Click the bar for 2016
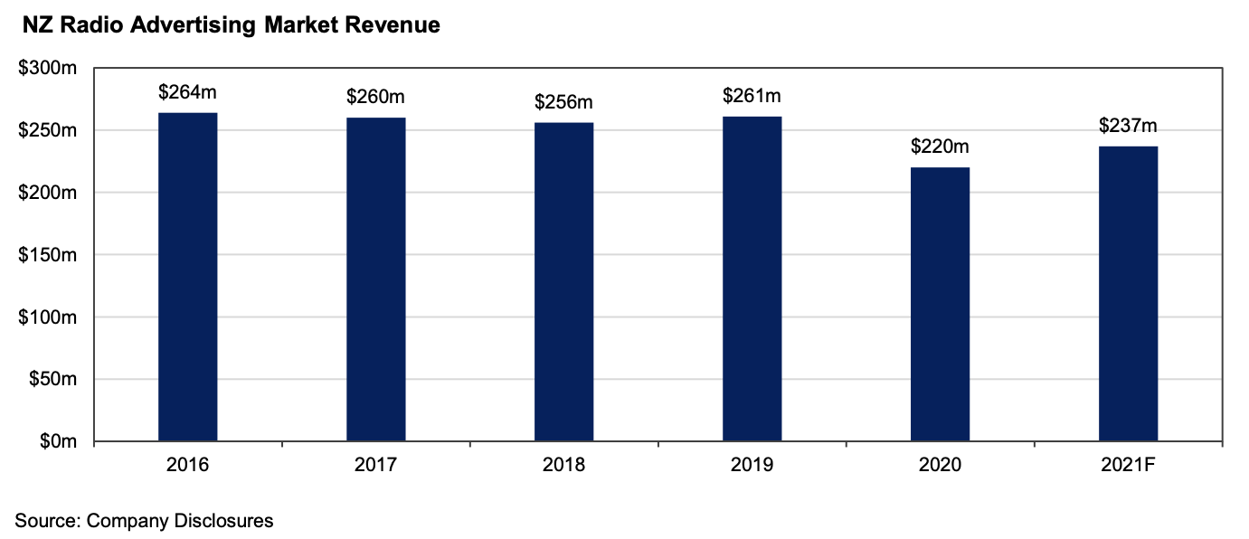click(187, 277)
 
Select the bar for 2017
click(375, 279)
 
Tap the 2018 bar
click(563, 281)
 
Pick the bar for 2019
click(752, 279)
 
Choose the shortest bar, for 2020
click(940, 304)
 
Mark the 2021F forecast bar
click(1128, 293)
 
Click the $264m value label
click(187, 91)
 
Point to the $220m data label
click(940, 147)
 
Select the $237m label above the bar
click(1128, 126)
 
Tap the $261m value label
click(752, 95)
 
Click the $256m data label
click(563, 102)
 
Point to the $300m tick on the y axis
click(52, 69)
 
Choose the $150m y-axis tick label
click(52, 255)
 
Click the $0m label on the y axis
click(62, 441)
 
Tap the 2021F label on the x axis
click(1128, 466)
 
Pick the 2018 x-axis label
click(563, 466)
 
